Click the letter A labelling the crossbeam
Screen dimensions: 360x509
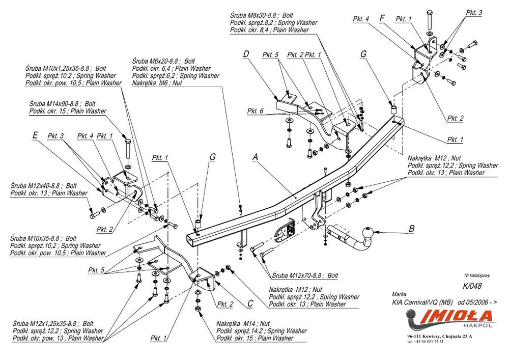pyautogui.click(x=256, y=158)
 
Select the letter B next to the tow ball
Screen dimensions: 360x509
pyautogui.click(x=411, y=229)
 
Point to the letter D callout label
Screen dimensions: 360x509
pyautogui.click(x=246, y=54)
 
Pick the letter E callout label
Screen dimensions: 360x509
pyautogui.click(x=35, y=135)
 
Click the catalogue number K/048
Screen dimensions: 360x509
pyautogui.click(x=472, y=286)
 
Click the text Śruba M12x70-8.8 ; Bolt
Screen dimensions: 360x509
pyautogui.click(x=305, y=275)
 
